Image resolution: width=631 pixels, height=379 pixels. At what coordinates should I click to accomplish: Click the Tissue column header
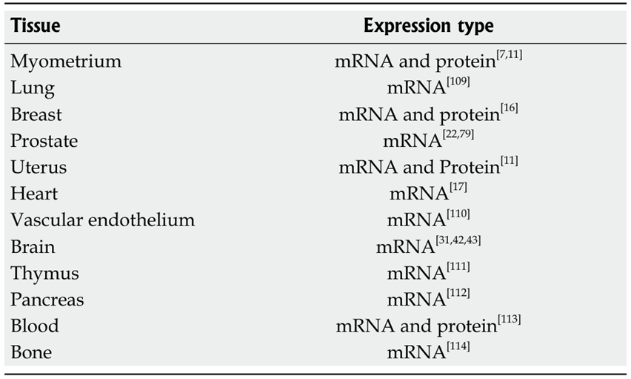tap(36, 26)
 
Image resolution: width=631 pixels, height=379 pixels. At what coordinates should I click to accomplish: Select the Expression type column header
tap(429, 26)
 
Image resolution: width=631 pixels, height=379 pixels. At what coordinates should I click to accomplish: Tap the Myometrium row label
tap(66, 62)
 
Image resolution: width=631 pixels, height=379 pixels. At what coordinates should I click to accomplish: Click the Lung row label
tap(33, 88)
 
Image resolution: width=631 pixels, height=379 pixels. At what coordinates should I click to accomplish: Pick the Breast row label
tap(36, 114)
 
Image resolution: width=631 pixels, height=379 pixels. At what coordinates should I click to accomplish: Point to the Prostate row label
tap(44, 141)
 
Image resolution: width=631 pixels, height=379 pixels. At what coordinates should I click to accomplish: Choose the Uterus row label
tap(39, 168)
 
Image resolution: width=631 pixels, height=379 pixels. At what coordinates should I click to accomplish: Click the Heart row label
tap(34, 194)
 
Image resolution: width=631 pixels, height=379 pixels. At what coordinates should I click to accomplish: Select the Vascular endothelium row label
tap(103, 220)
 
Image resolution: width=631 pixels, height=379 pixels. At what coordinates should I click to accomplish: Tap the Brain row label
tap(33, 247)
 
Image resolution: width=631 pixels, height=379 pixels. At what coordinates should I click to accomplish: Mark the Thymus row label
tap(44, 274)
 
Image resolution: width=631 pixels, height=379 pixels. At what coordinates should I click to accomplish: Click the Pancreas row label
tap(47, 300)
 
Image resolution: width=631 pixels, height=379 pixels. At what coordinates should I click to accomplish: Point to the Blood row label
tap(35, 326)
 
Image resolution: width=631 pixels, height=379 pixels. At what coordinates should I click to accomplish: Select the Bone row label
tap(31, 352)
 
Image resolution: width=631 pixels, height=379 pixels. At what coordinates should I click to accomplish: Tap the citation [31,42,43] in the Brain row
tap(458, 240)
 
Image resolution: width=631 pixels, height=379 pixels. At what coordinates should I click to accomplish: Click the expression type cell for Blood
tap(428, 325)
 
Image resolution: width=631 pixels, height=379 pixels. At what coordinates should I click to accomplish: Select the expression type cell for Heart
tap(428, 192)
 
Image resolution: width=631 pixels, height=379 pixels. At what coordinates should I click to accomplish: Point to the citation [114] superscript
tap(458, 346)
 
